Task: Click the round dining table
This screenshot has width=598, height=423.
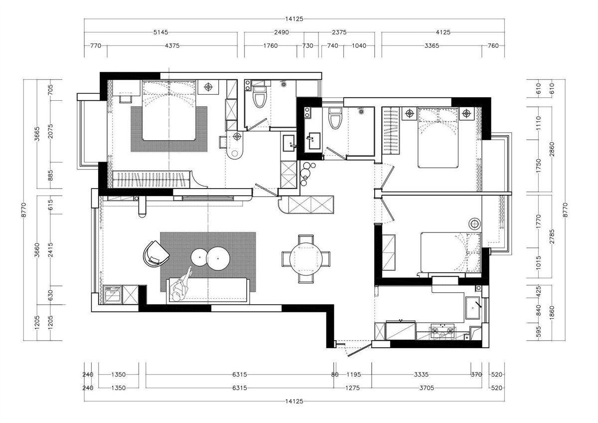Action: (x=306, y=259)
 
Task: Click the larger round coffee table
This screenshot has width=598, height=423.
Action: (x=218, y=258)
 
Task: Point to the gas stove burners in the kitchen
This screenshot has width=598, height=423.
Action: (x=443, y=331)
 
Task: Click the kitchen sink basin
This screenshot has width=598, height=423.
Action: (x=473, y=308)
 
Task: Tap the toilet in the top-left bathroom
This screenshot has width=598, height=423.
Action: (x=260, y=96)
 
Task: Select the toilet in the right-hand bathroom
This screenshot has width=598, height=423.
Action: (x=335, y=118)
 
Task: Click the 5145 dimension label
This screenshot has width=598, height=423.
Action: (x=160, y=32)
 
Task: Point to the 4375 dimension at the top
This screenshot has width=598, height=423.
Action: (x=172, y=46)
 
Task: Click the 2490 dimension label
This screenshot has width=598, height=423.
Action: (x=282, y=32)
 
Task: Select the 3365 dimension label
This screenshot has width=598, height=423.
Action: (x=432, y=46)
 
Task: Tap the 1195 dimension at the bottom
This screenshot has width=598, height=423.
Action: (x=353, y=375)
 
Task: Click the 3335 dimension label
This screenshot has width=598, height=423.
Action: (x=421, y=375)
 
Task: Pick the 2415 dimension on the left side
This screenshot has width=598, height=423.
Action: (x=50, y=250)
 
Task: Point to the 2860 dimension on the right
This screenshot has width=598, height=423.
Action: (x=552, y=149)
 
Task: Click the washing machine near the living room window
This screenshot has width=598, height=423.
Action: (x=113, y=295)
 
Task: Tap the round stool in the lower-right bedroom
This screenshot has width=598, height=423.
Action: (x=475, y=223)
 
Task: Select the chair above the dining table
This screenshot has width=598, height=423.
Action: (x=306, y=239)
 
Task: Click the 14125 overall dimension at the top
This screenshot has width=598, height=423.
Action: (x=294, y=19)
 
